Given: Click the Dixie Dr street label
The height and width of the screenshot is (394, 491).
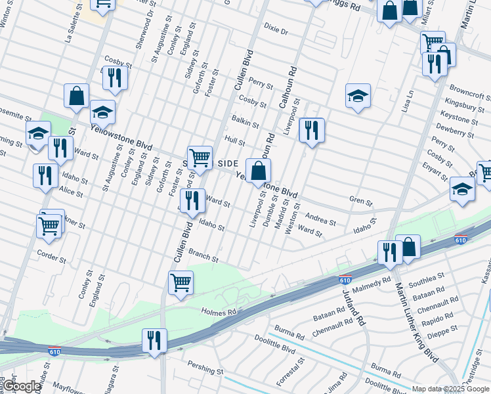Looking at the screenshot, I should coord(276,31).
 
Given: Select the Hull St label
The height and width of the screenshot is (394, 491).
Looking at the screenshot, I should coord(234,141).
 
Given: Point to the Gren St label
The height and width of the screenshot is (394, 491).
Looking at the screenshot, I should coord(360,200).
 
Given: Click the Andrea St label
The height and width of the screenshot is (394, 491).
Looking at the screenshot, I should coord(320,221).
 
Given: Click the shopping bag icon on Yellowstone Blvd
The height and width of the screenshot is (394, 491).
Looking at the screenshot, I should coord(259,171).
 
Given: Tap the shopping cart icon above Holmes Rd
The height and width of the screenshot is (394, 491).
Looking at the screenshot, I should coord(181,282).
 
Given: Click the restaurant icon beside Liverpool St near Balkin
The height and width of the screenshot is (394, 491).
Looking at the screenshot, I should coord(311,129).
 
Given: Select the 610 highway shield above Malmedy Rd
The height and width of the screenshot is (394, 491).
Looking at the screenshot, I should coord(345,279).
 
